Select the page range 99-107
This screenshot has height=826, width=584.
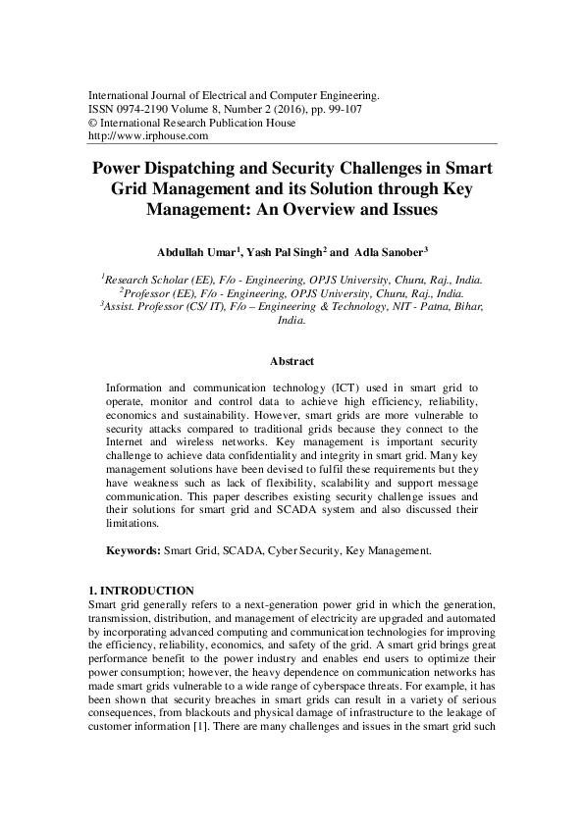pyautogui.click(x=343, y=110)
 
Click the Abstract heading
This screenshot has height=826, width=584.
pyautogui.click(x=292, y=361)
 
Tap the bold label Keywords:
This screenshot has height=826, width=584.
pyautogui.click(x=133, y=552)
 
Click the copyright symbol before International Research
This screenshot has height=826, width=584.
pyautogui.click(x=93, y=124)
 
